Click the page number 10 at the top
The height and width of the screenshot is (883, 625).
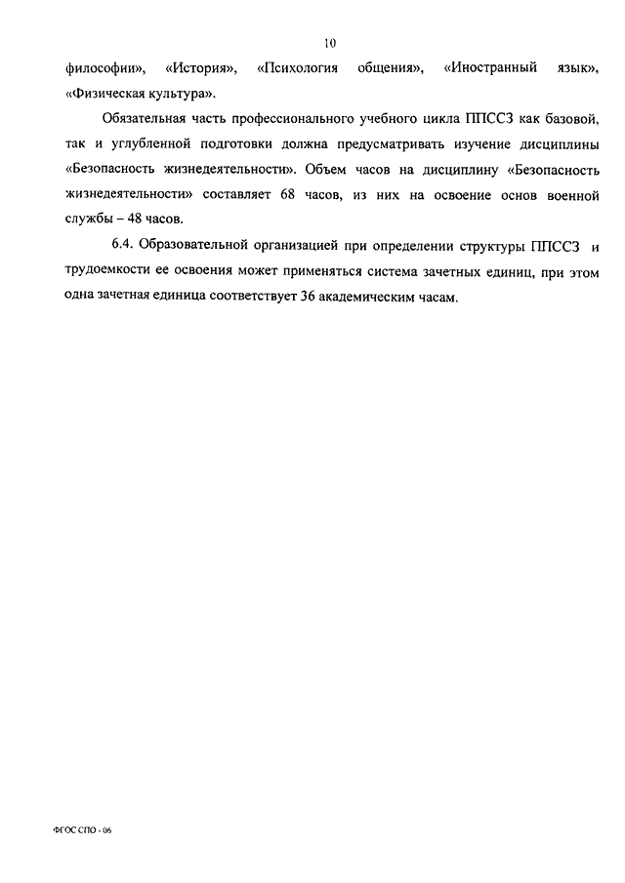click(x=331, y=43)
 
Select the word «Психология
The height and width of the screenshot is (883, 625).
click(x=298, y=69)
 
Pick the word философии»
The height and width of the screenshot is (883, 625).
click(x=104, y=69)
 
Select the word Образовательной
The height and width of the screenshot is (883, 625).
click(x=201, y=244)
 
